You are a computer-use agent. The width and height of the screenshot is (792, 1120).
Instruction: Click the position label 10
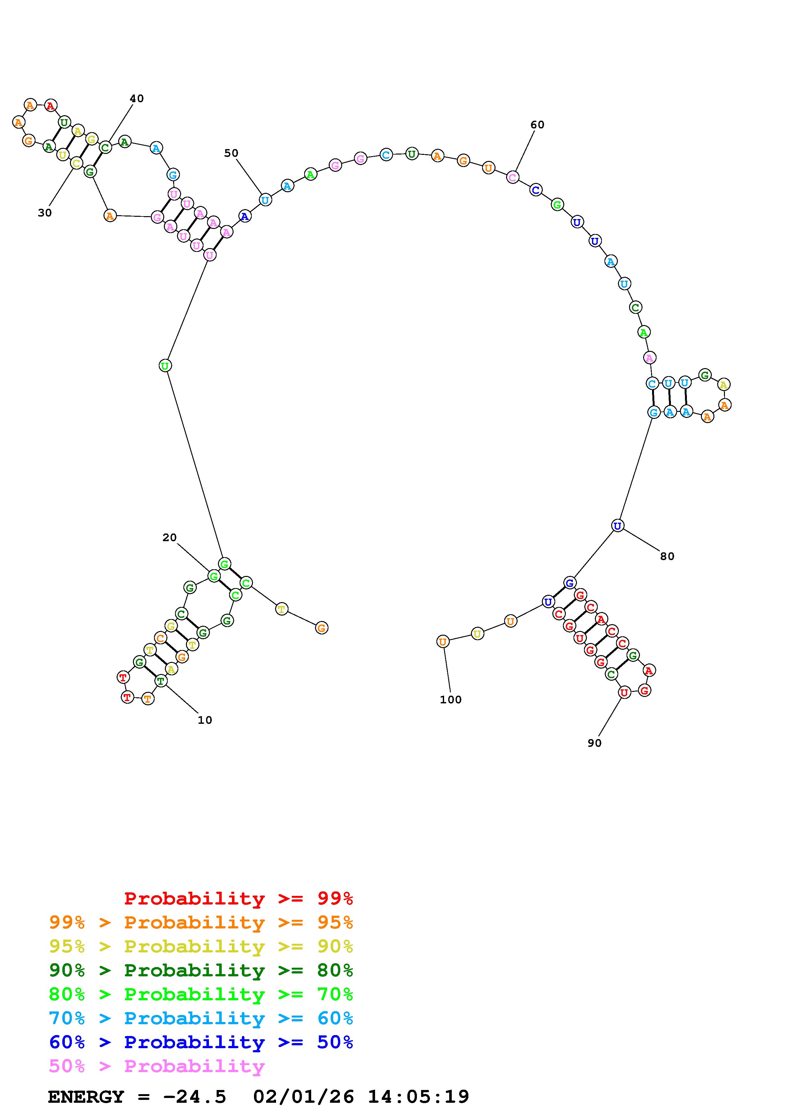pyautogui.click(x=205, y=720)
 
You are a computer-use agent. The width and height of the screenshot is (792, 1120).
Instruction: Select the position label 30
pyautogui.click(x=45, y=213)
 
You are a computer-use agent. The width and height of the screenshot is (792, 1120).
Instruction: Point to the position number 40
pyautogui.click(x=137, y=99)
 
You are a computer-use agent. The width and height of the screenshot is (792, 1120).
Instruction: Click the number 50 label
pyautogui.click(x=231, y=153)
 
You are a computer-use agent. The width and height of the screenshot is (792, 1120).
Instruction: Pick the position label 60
pyautogui.click(x=537, y=125)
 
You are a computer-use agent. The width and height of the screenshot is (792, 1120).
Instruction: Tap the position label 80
pyautogui.click(x=667, y=556)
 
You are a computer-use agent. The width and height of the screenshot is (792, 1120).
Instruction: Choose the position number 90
pyautogui.click(x=594, y=743)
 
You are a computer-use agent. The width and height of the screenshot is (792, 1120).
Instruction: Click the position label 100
pyautogui.click(x=450, y=700)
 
